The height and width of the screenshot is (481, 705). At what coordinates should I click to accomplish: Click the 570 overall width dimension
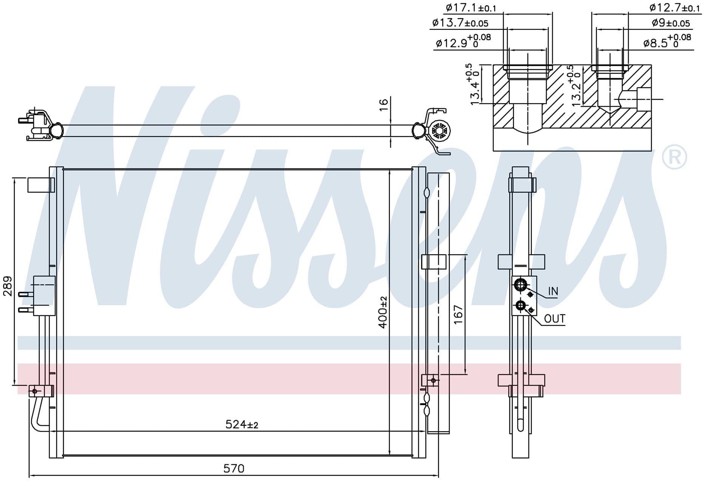tap(234, 469)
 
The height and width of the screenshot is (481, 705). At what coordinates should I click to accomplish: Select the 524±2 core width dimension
tap(242, 425)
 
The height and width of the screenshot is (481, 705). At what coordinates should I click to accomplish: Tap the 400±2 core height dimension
tap(383, 312)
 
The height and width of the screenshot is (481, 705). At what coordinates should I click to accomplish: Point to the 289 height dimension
tap(8, 286)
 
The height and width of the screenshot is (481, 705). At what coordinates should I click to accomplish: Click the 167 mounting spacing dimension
tap(458, 314)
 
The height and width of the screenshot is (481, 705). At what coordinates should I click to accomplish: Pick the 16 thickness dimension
tap(383, 104)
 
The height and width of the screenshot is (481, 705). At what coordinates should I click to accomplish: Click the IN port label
tap(553, 291)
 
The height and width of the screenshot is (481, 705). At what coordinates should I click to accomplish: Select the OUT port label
tap(555, 319)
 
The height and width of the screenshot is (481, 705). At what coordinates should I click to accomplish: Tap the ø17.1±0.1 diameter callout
tap(471, 8)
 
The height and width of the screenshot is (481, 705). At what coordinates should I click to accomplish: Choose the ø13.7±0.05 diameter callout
tap(460, 23)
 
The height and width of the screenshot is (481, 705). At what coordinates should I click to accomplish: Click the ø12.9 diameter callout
tap(463, 41)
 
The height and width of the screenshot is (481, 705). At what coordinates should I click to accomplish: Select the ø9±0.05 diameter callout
tap(671, 23)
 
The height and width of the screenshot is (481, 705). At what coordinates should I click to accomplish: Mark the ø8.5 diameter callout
tap(667, 41)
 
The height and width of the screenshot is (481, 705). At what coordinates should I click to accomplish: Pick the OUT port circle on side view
tap(521, 306)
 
